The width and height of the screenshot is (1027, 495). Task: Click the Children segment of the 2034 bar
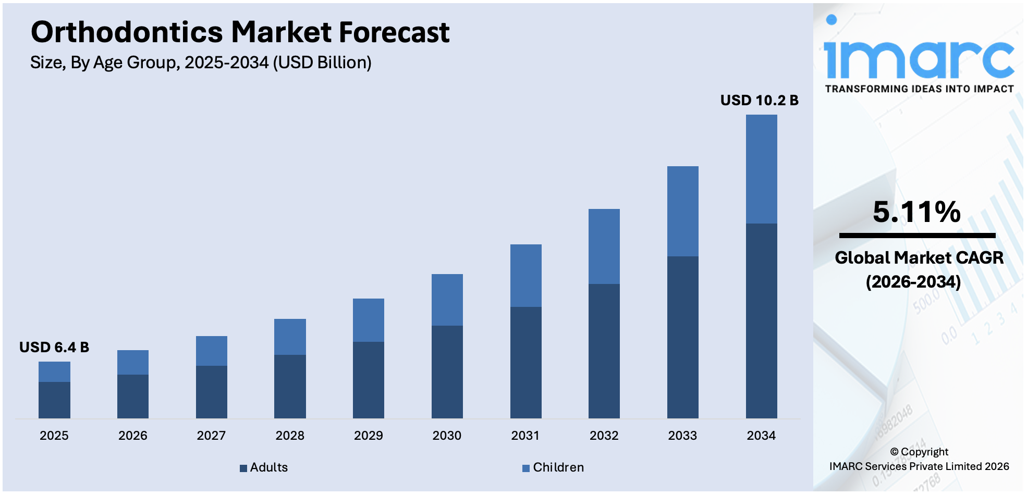(x=761, y=169)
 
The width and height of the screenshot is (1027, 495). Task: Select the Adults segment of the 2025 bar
(x=54, y=400)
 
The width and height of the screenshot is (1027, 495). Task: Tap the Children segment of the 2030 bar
(x=447, y=300)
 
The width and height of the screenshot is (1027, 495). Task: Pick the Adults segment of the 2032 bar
(x=604, y=351)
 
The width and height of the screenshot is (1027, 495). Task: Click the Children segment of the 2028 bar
(x=290, y=337)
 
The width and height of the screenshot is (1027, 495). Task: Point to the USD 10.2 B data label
(x=759, y=100)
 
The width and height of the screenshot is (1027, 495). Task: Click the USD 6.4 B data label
(x=54, y=347)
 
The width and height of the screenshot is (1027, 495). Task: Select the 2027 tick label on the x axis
(x=211, y=436)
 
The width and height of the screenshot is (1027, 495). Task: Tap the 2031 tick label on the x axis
(x=525, y=436)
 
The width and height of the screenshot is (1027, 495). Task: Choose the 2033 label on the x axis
(x=682, y=436)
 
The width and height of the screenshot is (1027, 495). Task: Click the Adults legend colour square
(x=243, y=468)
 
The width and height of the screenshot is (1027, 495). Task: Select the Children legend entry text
(x=558, y=467)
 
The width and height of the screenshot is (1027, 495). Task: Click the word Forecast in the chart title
(x=394, y=32)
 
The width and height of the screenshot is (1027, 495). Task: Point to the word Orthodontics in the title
(x=127, y=32)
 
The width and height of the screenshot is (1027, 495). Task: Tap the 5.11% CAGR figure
(x=916, y=212)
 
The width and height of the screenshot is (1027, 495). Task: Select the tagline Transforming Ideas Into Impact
(x=919, y=89)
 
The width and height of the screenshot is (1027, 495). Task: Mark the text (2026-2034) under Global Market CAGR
(x=913, y=282)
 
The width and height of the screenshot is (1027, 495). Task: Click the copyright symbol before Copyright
(x=894, y=452)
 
